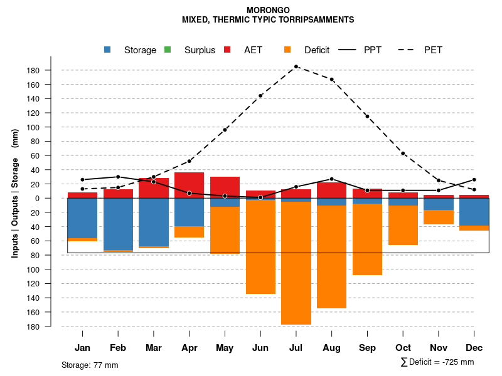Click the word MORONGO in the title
click(x=268, y=10)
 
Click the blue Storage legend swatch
click(x=108, y=50)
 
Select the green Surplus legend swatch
click(x=168, y=50)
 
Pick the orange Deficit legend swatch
click(x=287, y=50)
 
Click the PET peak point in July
click(x=296, y=66)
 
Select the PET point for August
click(x=332, y=80)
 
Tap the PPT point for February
click(x=118, y=177)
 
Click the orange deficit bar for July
click(x=296, y=263)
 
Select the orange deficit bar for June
click(x=260, y=247)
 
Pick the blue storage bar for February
click(x=118, y=224)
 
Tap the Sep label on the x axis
click(x=367, y=348)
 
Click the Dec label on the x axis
click(x=474, y=348)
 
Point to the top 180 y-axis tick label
click(x=34, y=70)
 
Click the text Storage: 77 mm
click(x=90, y=365)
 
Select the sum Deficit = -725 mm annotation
click(x=437, y=362)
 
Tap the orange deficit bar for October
click(x=403, y=225)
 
